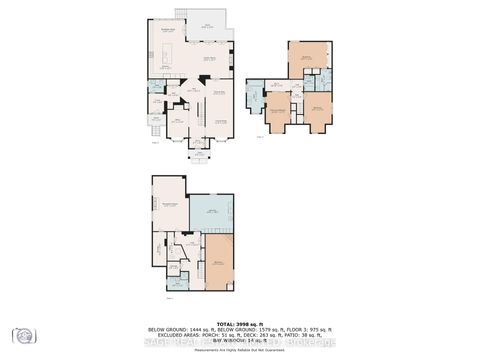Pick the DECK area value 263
click(258, 335)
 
